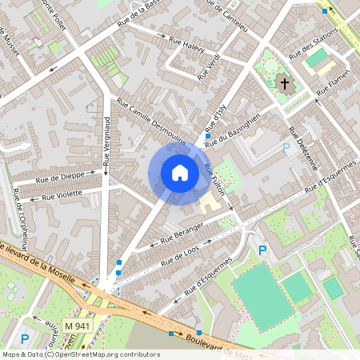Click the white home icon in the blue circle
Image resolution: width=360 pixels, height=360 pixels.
180,172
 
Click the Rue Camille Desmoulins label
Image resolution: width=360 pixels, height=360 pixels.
151,121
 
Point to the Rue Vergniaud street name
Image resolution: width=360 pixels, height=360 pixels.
106,144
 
